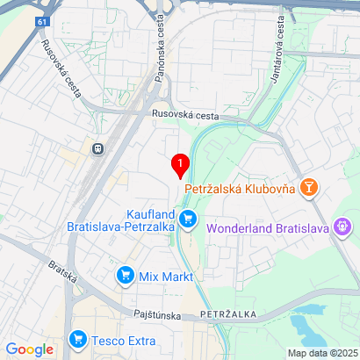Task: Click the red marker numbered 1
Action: point(181,164)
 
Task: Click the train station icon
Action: point(95,148)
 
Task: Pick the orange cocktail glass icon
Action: point(309,187)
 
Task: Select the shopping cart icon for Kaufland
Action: point(186,219)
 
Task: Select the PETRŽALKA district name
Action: point(227,313)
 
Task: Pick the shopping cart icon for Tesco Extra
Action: point(78,338)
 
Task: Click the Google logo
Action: point(30,349)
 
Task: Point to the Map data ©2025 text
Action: point(323,353)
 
